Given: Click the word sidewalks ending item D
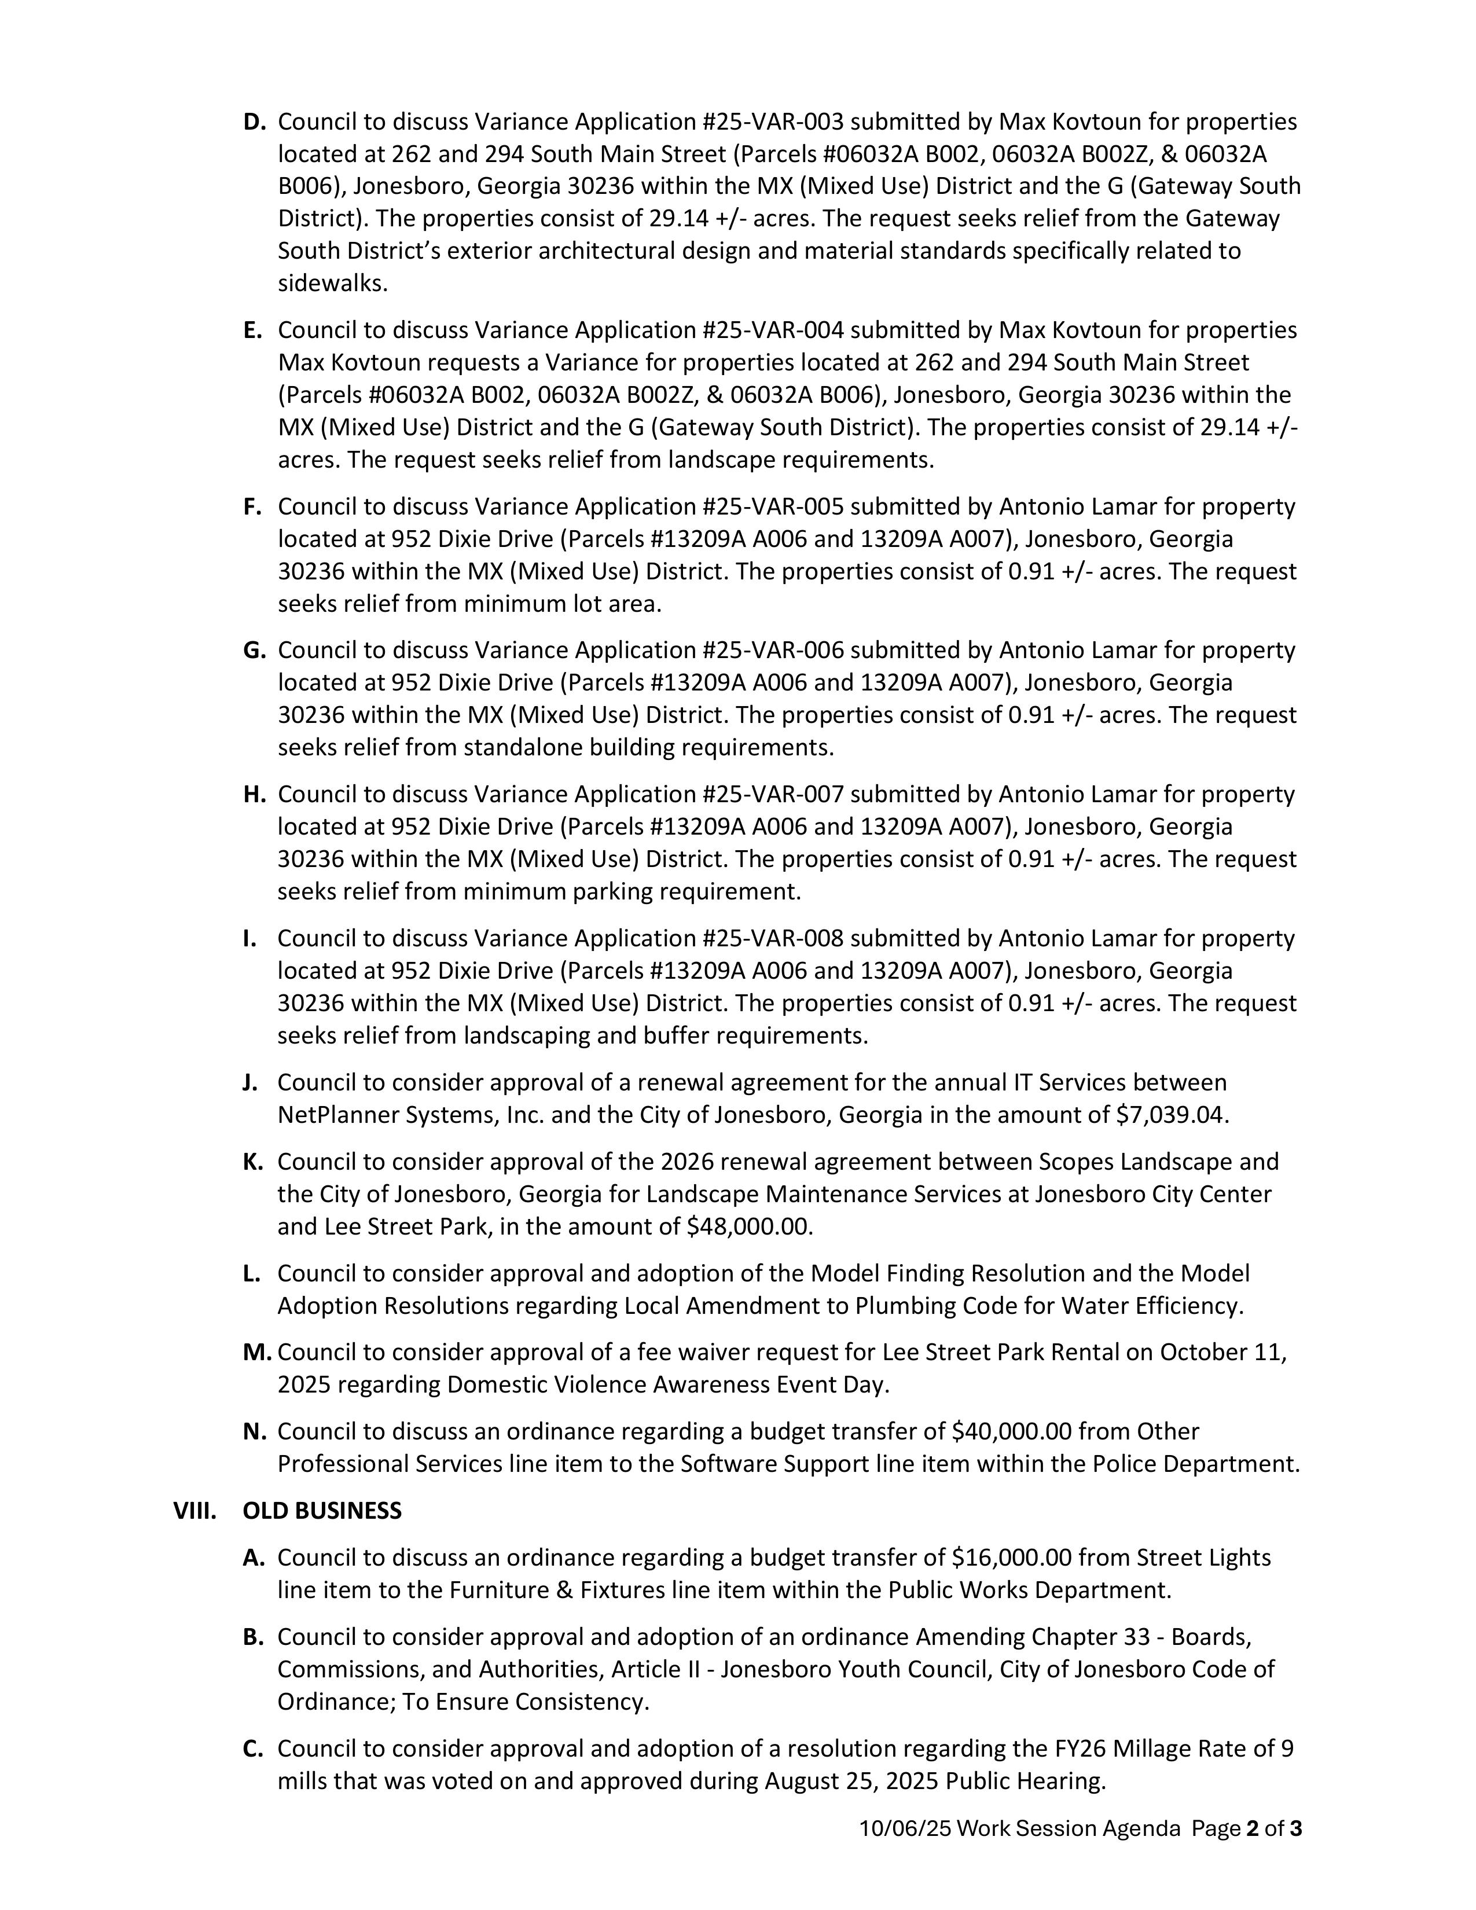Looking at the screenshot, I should (x=332, y=284).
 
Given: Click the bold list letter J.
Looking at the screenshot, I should (x=250, y=1083).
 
